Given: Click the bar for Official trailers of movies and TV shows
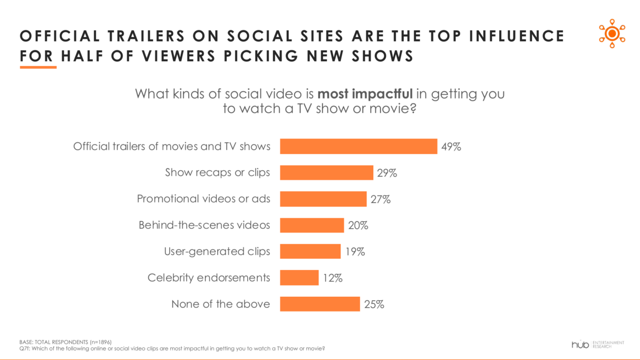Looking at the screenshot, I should pyautogui.click(x=358, y=147).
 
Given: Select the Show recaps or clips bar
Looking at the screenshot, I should pyautogui.click(x=326, y=173).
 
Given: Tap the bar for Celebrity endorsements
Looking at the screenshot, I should pyautogui.click(x=299, y=278).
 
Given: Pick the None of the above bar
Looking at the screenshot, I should pyautogui.click(x=319, y=304).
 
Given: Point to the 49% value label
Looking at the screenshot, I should pyautogui.click(x=451, y=147).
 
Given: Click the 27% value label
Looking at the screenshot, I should pyautogui.click(x=381, y=199).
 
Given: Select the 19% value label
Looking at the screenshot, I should pyautogui.click(x=355, y=252).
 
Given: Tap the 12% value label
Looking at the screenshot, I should pyautogui.click(x=333, y=278).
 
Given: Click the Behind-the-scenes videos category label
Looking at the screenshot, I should pyautogui.click(x=204, y=225).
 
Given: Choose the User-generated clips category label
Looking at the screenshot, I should pyautogui.click(x=217, y=251).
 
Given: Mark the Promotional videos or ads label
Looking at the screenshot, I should pyautogui.click(x=203, y=199).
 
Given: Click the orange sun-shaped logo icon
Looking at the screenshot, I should pyautogui.click(x=612, y=33).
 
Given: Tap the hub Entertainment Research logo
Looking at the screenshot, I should pyautogui.click(x=597, y=344).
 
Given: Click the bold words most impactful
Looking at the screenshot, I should pyautogui.click(x=365, y=94).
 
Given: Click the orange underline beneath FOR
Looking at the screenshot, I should pyautogui.click(x=38, y=67).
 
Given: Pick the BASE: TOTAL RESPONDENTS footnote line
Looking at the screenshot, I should pyautogui.click(x=65, y=342).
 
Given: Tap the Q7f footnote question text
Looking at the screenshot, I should pyautogui.click(x=172, y=348).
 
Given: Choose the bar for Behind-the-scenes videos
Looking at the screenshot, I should pyautogui.click(x=312, y=226).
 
